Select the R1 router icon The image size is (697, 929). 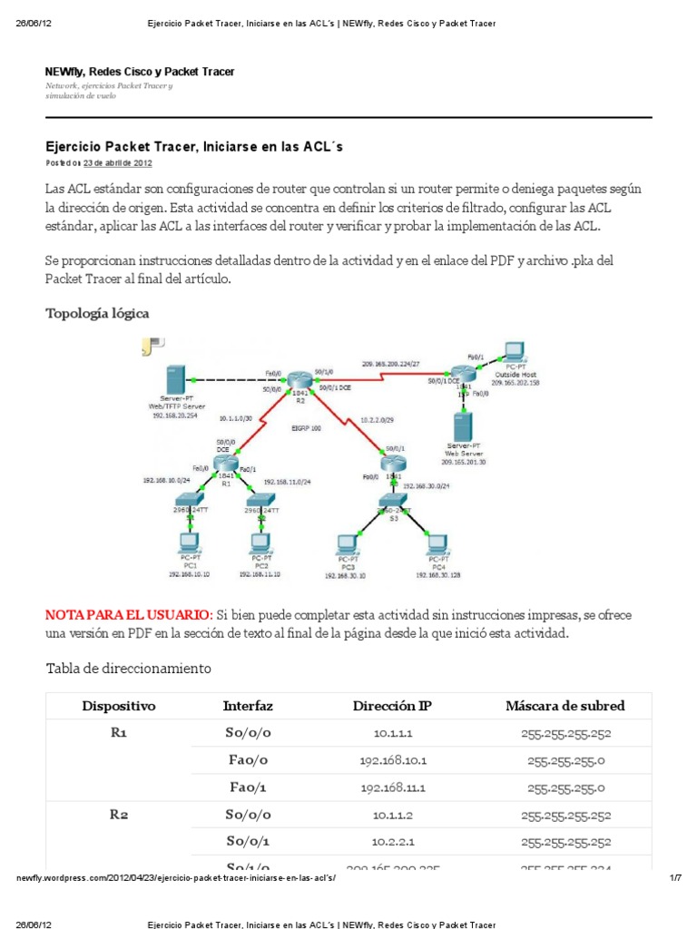click(227, 464)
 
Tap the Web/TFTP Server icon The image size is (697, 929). click(176, 381)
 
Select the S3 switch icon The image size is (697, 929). click(391, 503)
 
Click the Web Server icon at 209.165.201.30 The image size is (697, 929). click(464, 426)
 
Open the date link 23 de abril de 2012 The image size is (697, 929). click(117, 163)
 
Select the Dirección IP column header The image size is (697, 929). click(392, 706)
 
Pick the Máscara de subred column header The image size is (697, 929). click(564, 706)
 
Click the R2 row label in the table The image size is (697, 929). click(119, 815)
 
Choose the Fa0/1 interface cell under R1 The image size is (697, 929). click(248, 787)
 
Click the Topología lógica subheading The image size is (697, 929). click(97, 313)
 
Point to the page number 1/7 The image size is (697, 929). click(674, 877)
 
